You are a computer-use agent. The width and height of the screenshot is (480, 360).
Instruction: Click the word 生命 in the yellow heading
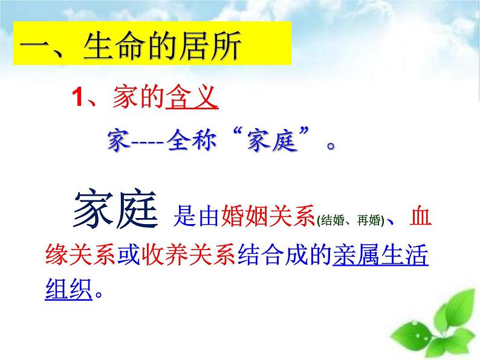[x=113, y=45]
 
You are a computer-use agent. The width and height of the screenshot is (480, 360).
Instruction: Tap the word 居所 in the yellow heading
[x=210, y=45]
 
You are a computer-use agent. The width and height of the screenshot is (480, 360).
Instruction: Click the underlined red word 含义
[x=192, y=97]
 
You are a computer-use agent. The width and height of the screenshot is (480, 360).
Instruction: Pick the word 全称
[x=192, y=141]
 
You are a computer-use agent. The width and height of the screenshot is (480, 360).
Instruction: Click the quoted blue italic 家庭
[x=272, y=141]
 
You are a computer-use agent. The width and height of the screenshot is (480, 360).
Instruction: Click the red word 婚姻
[x=244, y=216]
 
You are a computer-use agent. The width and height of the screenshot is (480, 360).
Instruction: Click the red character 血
[x=421, y=216]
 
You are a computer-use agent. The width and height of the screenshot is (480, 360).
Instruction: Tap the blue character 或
[x=129, y=254]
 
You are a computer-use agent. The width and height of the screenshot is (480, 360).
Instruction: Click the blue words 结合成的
[x=285, y=254]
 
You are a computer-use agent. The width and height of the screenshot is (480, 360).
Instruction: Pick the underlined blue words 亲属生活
[x=380, y=254]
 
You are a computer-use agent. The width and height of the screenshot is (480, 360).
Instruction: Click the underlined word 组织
[x=68, y=289]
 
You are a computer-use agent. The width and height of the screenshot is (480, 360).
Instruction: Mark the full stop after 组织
[x=99, y=295]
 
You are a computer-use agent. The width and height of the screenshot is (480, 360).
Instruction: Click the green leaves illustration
[x=435, y=326]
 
